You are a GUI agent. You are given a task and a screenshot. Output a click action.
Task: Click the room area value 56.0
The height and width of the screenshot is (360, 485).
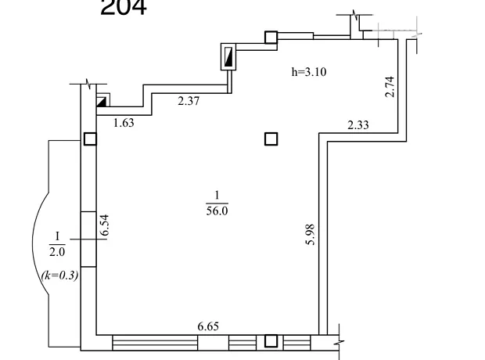coord(217,211)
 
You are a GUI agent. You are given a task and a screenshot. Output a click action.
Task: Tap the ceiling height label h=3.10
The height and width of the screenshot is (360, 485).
coord(309,72)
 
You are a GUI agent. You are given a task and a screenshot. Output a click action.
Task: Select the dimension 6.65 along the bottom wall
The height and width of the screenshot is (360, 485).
coord(208,326)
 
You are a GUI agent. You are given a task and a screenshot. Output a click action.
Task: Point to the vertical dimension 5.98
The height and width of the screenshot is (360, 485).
coord(310,234)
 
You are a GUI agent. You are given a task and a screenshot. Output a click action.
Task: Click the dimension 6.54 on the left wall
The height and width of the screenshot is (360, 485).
coord(105,225)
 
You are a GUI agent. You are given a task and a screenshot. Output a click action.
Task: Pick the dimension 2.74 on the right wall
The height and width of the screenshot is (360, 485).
coord(390,87)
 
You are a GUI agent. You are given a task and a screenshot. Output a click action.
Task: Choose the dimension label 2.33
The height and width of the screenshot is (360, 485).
coord(358,124)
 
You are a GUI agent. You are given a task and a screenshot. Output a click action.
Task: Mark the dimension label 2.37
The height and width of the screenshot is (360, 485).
coord(189,101)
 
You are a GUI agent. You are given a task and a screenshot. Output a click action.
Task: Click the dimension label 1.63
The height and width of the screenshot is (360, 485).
coord(124,123)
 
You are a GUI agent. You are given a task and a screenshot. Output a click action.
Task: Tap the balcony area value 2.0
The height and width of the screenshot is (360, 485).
coord(57,252)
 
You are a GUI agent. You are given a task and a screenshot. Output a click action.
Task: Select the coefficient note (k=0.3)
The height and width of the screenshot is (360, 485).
coord(59,275)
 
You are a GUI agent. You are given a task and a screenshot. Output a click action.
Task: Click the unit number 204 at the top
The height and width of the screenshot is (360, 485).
coord(124,7)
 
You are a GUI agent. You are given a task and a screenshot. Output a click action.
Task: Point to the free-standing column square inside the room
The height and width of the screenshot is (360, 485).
coord(271,139)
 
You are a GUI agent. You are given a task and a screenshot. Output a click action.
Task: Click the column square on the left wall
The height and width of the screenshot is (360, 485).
coord(90,139)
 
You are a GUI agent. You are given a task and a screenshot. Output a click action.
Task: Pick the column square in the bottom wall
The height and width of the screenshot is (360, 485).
coord(271,341)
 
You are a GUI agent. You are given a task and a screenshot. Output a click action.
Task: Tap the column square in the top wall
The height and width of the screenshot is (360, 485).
coord(271,37)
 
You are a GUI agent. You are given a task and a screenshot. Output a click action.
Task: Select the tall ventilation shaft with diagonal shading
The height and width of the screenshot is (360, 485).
coord(228,56)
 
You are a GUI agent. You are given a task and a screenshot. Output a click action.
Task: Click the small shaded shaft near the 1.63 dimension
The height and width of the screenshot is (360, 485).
coord(102,102)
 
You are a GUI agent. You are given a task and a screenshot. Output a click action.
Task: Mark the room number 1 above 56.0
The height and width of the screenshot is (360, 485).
coord(217,195)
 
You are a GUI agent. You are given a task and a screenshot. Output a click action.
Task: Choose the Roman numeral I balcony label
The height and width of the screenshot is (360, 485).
coord(57,236)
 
